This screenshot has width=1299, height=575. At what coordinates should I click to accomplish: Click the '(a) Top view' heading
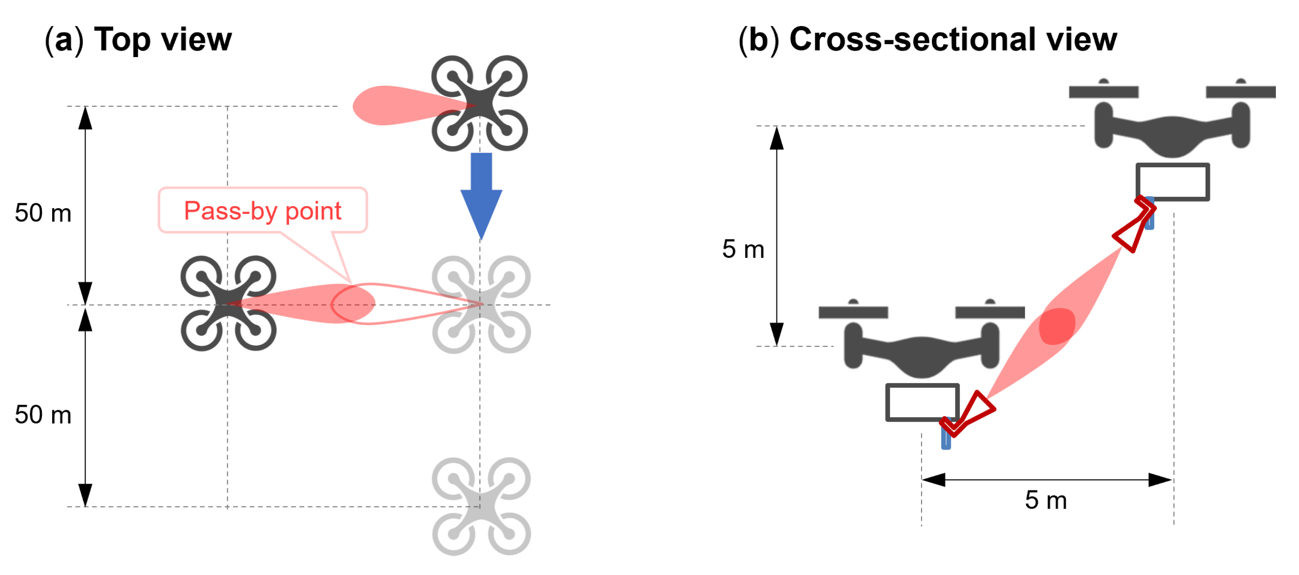[x=138, y=39]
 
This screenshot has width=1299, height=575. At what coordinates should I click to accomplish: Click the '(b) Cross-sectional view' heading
[x=928, y=39]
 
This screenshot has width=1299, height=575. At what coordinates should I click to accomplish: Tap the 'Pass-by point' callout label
[x=262, y=211]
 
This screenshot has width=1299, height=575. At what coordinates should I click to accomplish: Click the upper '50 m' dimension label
[x=43, y=212]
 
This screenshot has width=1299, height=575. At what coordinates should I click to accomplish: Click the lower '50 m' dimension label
[x=43, y=415]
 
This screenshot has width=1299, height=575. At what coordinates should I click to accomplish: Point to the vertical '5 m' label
[x=743, y=249]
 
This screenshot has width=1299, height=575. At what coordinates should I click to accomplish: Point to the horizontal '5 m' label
[x=1046, y=500]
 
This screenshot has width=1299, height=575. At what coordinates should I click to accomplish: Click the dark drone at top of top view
[x=480, y=103]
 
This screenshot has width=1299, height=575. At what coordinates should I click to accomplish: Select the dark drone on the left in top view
[x=228, y=303]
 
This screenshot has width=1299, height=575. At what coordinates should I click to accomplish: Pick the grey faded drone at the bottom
[x=481, y=507]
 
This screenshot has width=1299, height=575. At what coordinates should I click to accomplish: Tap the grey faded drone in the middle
[x=481, y=304]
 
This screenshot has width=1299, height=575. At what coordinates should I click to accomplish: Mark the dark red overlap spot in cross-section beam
[x=1057, y=326]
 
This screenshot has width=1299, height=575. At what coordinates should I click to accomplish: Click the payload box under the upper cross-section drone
[x=1173, y=182]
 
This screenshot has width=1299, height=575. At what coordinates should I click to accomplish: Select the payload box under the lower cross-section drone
[x=922, y=402]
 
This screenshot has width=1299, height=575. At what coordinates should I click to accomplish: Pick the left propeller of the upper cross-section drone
[x=1103, y=91]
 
